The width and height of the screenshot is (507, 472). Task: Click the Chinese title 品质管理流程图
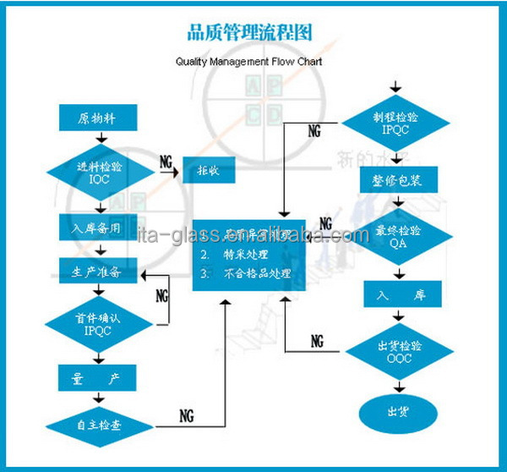pyautogui.click(x=249, y=34)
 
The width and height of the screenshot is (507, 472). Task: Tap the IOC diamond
pyautogui.click(x=100, y=172)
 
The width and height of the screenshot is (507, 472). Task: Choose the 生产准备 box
pyautogui.click(x=100, y=272)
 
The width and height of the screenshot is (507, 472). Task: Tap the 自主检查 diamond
pyautogui.click(x=100, y=425)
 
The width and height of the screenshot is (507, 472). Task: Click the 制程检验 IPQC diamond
pyautogui.click(x=395, y=123)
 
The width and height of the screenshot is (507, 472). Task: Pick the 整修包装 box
pyautogui.click(x=395, y=181)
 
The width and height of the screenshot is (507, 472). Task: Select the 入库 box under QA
pyautogui.click(x=395, y=294)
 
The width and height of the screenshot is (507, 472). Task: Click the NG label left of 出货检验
pyautogui.click(x=317, y=341)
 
